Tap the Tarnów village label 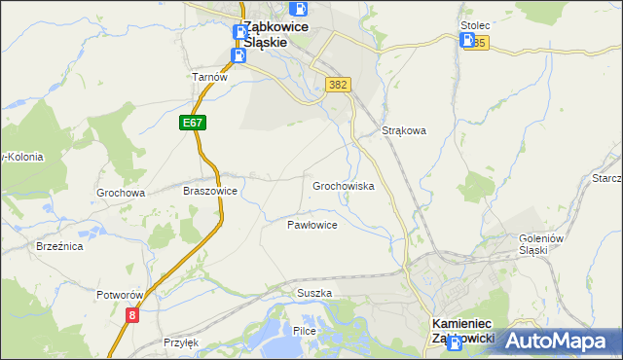point(209,78)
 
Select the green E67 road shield point(192,123)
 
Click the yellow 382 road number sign point(338,85)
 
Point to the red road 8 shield point(132,315)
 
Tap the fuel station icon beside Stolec point(467,41)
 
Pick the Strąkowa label point(405,130)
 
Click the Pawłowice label point(311,225)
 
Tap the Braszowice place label point(210,192)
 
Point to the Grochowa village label point(121,193)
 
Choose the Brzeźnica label point(59,247)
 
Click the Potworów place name point(120,295)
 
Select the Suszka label point(314,293)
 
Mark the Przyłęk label point(181,342)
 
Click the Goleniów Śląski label point(521,244)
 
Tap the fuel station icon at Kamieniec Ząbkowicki point(454,332)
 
